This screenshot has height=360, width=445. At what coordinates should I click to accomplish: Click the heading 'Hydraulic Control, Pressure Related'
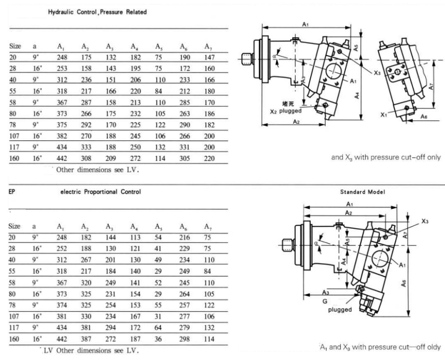(98, 12)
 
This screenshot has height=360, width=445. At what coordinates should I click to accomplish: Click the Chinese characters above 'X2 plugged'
(297, 103)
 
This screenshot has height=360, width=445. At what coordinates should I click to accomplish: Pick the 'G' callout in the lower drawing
(324, 302)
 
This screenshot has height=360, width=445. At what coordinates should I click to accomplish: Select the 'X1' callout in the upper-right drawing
(384, 115)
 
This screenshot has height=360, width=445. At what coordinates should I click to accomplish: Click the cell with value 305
(184, 158)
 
